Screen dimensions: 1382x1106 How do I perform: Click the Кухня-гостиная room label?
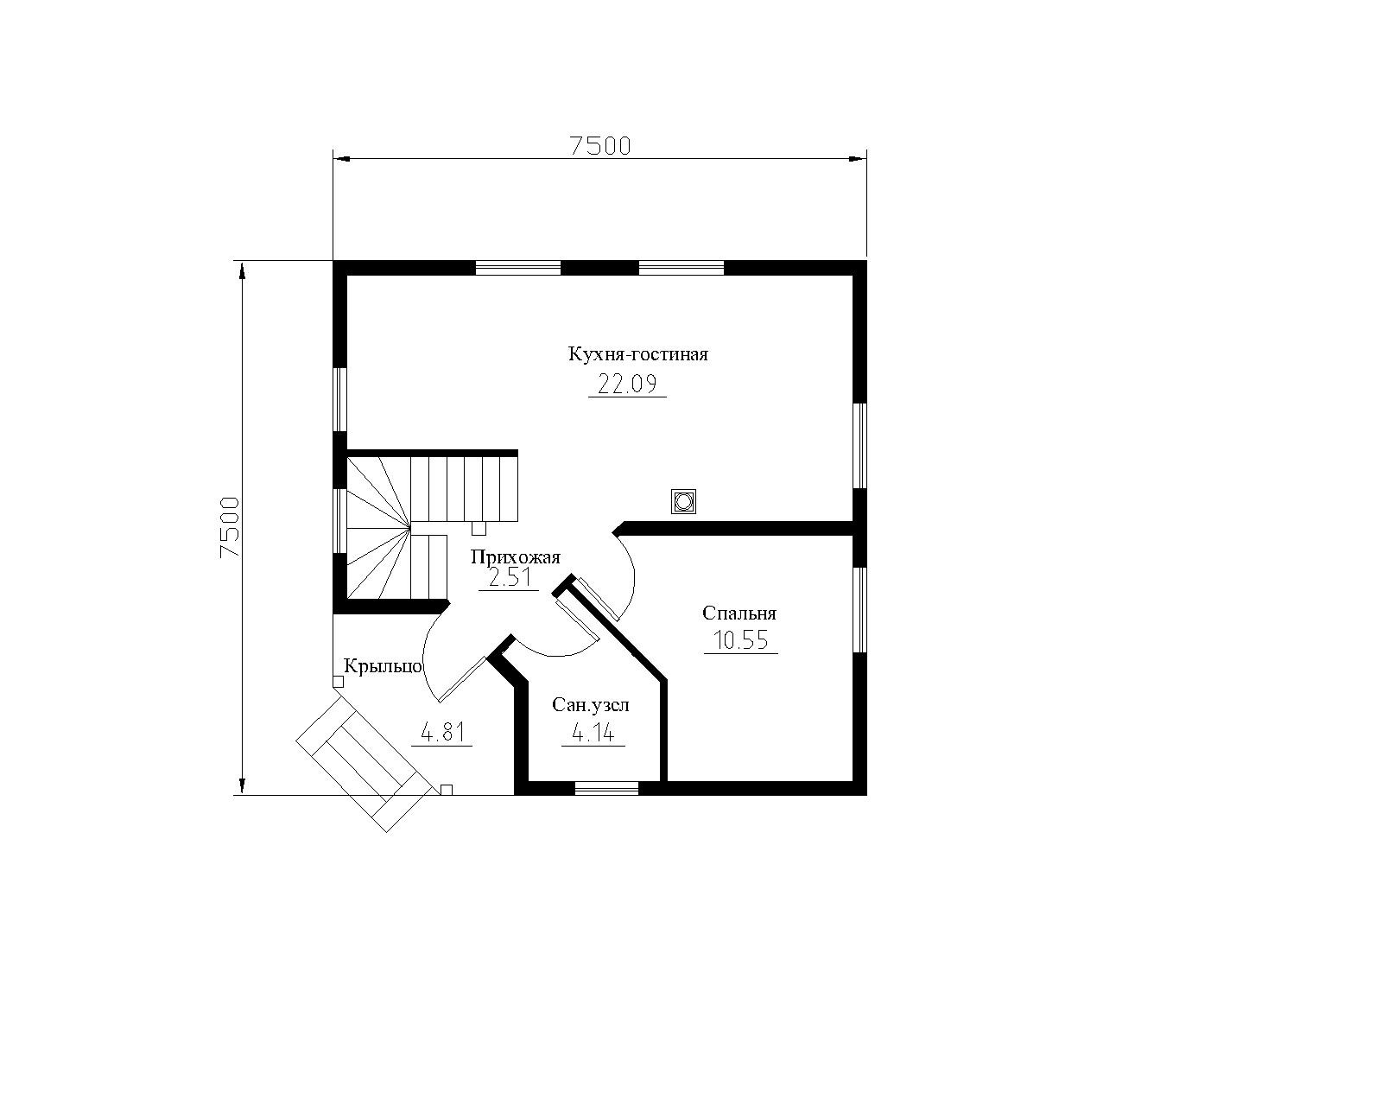pos(637,354)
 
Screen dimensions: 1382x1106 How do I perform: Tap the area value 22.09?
pos(627,385)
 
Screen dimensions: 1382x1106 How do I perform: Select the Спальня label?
pos(739,613)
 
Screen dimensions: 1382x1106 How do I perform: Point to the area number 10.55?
pos(740,641)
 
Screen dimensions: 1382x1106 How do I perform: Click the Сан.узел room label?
pos(590,705)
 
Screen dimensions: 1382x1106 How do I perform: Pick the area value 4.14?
pos(593,733)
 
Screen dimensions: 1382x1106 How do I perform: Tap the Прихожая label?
pos(516,556)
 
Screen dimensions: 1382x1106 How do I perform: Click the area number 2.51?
pos(510,578)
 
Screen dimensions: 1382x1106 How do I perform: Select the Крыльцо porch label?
pos(383,666)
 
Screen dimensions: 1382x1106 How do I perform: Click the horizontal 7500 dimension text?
pos(600,147)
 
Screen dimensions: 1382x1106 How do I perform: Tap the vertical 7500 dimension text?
pos(229,527)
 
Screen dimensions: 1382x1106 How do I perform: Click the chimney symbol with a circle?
pos(683,500)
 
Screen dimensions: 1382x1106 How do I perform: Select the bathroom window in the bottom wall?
pos(606,788)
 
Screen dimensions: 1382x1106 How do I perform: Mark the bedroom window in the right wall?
pos(860,609)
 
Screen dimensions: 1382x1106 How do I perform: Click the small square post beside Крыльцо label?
pos(338,681)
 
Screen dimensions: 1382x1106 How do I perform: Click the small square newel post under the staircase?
pos(479,528)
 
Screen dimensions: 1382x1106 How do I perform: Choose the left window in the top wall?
pos(518,267)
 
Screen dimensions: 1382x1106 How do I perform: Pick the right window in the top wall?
pos(681,267)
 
